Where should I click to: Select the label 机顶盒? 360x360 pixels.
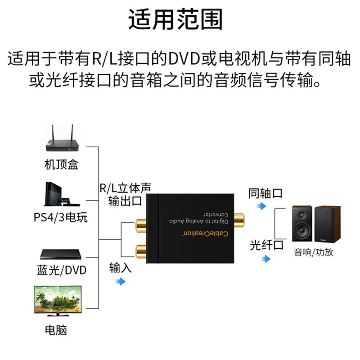[x=62, y=165]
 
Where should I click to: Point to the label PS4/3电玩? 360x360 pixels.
[x=61, y=218]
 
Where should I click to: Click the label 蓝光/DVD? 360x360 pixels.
[x=62, y=270]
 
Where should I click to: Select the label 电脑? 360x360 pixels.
[x=56, y=330]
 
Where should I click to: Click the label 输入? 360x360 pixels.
[x=120, y=268]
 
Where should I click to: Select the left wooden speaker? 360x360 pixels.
[x=301, y=223]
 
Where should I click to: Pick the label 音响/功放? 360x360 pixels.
[x=314, y=252]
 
